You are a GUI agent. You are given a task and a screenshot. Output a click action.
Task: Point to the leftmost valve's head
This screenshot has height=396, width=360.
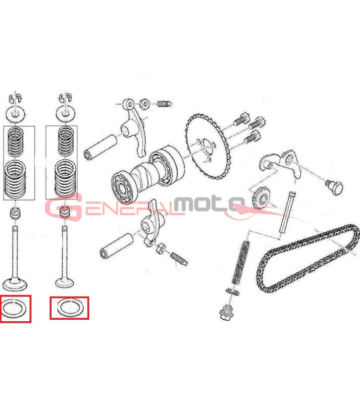coord(15,284)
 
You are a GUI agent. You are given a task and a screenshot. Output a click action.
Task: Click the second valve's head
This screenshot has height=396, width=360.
coord(64,282)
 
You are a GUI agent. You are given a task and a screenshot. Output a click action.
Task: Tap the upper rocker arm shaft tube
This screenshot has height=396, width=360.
coord(100,148)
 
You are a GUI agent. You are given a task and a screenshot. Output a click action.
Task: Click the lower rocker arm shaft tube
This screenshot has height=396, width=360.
coord(116,247)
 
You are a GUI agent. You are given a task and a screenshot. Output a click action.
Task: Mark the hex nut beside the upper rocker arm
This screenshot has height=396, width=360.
coord(144,103)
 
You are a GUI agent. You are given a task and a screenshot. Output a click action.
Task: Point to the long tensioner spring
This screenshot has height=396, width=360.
coord(241,263)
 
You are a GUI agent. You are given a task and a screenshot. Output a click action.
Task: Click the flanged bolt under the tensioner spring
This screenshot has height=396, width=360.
coord(226,313)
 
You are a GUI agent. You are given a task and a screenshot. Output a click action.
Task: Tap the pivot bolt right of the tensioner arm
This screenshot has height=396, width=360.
coord(334,188)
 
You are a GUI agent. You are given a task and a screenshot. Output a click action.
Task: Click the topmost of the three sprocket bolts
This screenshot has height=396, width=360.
coord(241,119)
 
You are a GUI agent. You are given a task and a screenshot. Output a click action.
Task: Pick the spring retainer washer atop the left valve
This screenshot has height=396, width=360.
coord(16,114)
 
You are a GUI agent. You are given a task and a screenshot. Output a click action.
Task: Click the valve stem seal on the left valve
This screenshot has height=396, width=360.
coord(16,213)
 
